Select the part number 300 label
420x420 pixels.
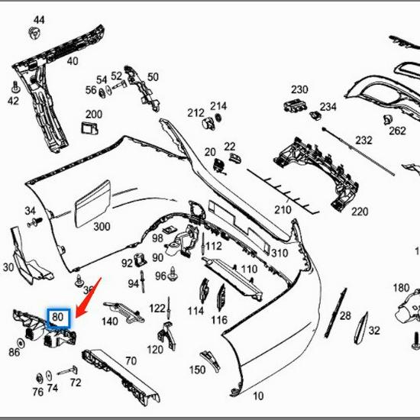coord(102,227)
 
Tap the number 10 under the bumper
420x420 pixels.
coord(258,396)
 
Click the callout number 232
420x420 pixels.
coord(363,141)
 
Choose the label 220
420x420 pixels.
coord(359,212)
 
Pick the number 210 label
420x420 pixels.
coord(283,209)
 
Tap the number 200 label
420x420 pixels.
coord(93,115)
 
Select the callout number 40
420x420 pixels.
coord(73,61)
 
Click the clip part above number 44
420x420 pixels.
coord(34,33)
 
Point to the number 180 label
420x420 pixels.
coord(401,288)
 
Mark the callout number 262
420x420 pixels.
coord(397,131)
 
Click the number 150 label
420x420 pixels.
coord(197,370)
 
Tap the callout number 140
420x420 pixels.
coord(109,321)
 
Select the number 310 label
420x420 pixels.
coord(279,254)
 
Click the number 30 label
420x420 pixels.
coord(8,267)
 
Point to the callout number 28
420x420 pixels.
coord(345,316)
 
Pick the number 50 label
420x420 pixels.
coord(153,76)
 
